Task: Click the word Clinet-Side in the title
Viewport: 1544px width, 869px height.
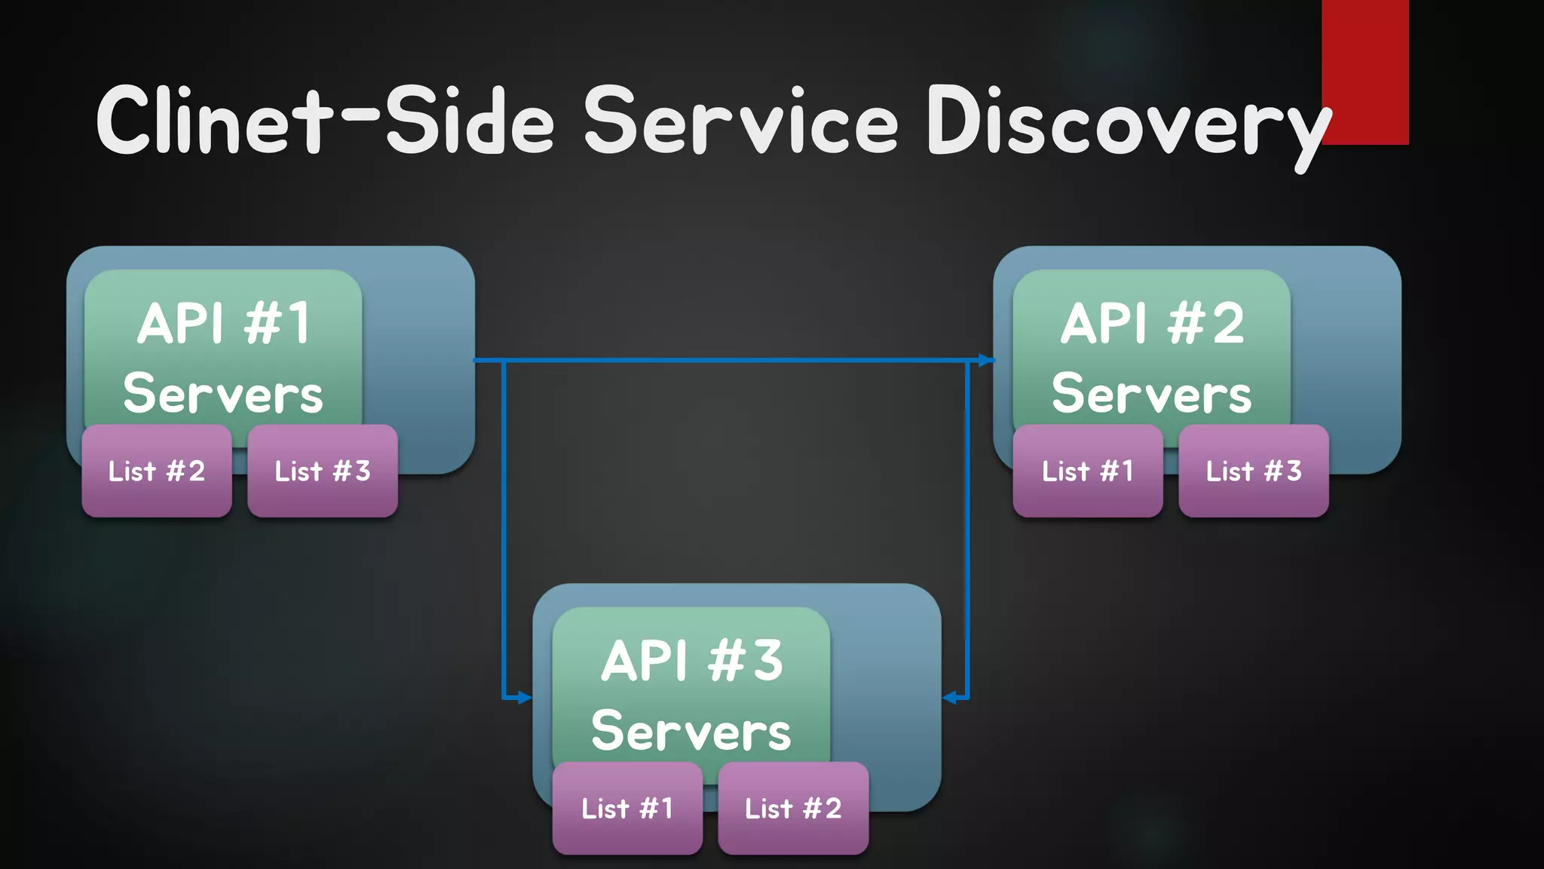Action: (324, 121)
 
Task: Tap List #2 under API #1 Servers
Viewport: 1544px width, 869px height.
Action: (157, 471)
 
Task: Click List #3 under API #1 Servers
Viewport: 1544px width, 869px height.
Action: (323, 471)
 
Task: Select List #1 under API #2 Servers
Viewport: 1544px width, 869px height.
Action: (1087, 471)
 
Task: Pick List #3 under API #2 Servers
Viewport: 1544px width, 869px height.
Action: (1253, 471)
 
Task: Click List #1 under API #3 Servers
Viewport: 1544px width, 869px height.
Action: (627, 808)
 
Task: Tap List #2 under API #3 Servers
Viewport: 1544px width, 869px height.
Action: (793, 808)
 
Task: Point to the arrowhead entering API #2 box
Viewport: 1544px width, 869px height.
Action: (987, 361)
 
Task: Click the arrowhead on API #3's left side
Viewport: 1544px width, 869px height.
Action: (525, 698)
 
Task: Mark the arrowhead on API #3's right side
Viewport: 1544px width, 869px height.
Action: (950, 698)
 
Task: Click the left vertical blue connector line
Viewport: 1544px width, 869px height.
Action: (504, 528)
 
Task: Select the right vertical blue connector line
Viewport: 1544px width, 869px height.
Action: (967, 528)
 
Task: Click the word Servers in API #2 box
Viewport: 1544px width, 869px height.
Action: (1151, 394)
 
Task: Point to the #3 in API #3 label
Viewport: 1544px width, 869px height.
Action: (746, 660)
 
